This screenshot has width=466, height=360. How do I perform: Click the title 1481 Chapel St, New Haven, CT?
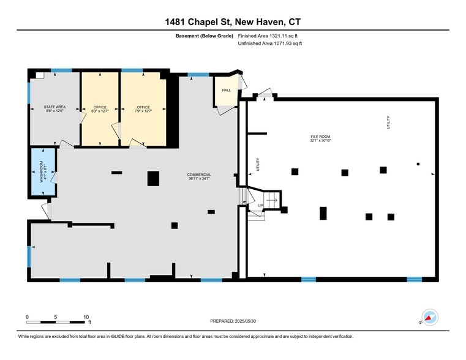pyautogui.click(x=233, y=23)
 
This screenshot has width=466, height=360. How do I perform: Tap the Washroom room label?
pyautogui.click(x=42, y=172)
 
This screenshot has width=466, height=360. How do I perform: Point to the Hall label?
pyautogui.click(x=226, y=90)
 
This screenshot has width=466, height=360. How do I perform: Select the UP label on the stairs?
pyautogui.click(x=260, y=206)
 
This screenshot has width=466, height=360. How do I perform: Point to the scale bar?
pyautogui.click(x=56, y=321)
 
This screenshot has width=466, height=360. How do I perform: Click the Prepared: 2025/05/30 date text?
pyautogui.click(x=233, y=321)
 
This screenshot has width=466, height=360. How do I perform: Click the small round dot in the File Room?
pyautogui.click(x=418, y=163)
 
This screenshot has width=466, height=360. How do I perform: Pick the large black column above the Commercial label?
pyautogui.click(x=153, y=178)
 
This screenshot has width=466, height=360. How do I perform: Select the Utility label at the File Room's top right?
pyautogui.click(x=388, y=122)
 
